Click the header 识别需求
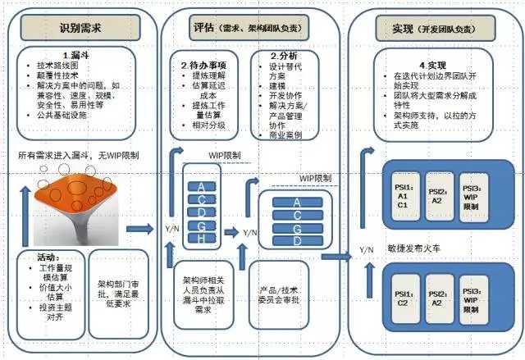[x=80, y=28]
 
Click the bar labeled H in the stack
[x=200, y=238]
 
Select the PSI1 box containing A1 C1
[x=403, y=194]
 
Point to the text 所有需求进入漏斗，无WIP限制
[x=79, y=155]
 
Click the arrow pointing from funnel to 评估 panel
[x=140, y=230]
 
